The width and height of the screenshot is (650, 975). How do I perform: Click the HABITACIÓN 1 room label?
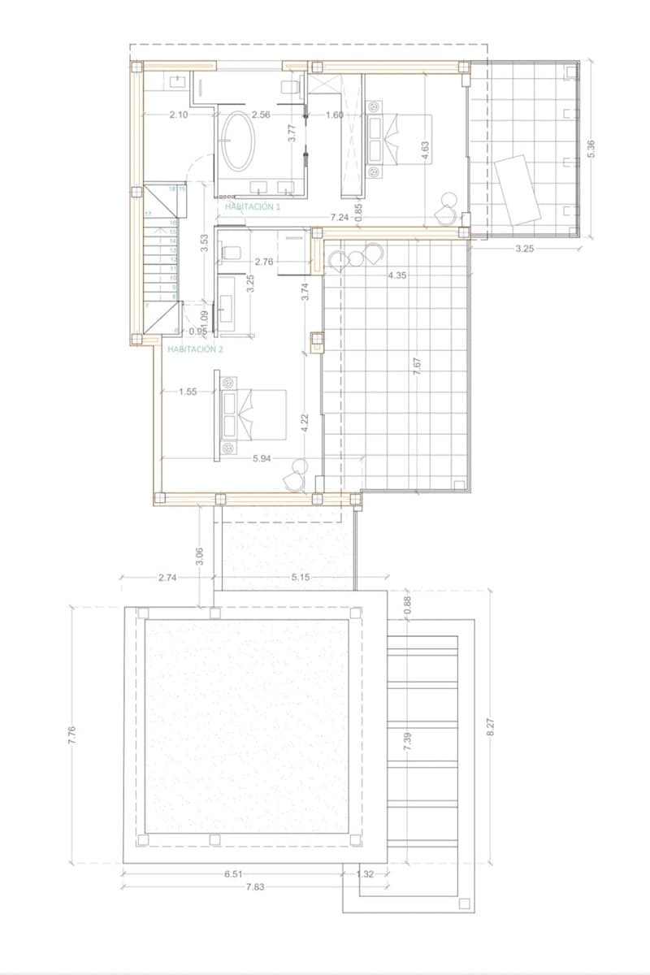(253, 207)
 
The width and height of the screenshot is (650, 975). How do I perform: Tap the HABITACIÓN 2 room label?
(194, 349)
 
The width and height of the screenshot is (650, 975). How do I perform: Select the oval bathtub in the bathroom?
(238, 141)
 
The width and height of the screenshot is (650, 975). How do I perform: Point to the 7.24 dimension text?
(340, 218)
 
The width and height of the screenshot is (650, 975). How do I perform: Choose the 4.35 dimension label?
(397, 275)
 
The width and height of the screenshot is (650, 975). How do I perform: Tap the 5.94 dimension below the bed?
(262, 458)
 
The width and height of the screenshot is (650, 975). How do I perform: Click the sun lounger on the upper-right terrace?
(517, 189)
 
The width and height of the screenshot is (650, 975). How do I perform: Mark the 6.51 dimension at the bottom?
(232, 873)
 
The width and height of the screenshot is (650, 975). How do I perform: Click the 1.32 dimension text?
(366, 873)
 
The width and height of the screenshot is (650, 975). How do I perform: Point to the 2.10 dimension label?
(179, 115)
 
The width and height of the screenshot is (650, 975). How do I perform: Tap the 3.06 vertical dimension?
(200, 557)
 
